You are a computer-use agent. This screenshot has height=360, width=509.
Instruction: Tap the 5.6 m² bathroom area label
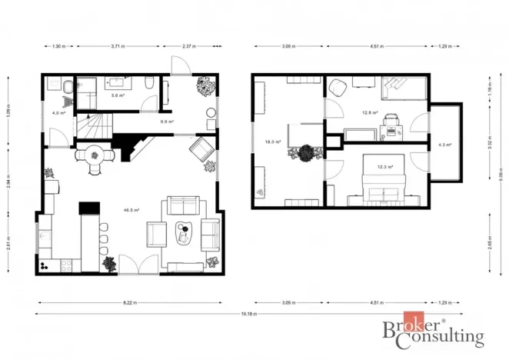[x=119, y=95]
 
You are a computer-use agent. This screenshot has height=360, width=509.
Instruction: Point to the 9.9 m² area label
[x=166, y=122]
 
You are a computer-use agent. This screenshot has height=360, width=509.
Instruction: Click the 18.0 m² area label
[x=271, y=142]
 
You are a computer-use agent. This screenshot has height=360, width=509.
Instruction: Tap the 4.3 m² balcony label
[x=444, y=144]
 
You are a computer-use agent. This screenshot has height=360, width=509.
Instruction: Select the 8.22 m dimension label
[x=129, y=302]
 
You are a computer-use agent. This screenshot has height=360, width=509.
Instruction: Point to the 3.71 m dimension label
[x=118, y=46]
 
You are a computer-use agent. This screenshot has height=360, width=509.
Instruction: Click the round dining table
[x=95, y=155]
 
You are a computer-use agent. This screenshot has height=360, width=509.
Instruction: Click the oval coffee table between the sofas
[x=185, y=232]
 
